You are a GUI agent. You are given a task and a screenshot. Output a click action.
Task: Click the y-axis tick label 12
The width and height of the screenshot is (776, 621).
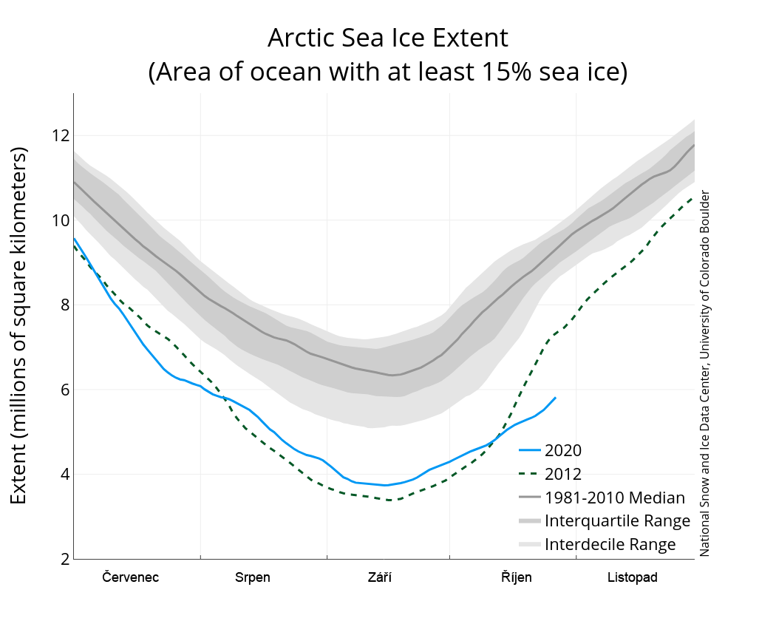click(60, 136)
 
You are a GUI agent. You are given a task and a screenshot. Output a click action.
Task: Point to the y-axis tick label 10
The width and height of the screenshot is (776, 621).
click(60, 220)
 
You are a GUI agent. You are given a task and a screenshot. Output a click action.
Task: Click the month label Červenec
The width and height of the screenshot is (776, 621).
click(131, 577)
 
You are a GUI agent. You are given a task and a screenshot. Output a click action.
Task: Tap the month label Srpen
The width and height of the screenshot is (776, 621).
click(253, 577)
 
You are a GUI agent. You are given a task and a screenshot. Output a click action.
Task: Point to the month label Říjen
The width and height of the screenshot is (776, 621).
click(517, 577)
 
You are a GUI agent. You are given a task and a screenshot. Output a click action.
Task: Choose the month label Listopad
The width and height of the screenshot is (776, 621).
click(633, 577)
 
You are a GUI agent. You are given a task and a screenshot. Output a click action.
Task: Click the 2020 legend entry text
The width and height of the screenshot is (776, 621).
click(562, 450)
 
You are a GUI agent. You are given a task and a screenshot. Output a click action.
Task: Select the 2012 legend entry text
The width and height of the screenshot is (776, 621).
click(562, 474)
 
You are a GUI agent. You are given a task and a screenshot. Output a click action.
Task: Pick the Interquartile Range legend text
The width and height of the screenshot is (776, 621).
click(617, 521)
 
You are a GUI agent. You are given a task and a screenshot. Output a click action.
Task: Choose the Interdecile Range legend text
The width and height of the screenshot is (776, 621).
click(610, 545)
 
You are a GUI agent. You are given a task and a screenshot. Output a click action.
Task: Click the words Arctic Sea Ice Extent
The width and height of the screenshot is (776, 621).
click(388, 37)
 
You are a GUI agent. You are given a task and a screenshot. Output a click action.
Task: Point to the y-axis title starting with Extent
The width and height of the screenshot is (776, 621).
click(19, 325)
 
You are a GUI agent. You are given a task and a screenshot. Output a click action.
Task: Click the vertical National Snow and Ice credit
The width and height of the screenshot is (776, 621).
click(705, 373)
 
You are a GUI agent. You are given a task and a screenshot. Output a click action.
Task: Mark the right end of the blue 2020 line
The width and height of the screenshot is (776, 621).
click(556, 398)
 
